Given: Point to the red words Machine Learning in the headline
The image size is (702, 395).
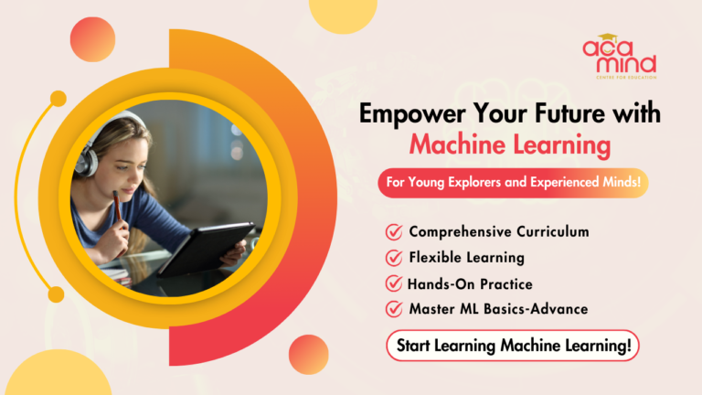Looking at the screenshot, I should [x=510, y=144].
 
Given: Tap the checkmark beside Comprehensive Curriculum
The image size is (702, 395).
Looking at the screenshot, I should [x=395, y=232].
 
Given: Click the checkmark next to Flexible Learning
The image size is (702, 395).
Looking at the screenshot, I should [x=395, y=258].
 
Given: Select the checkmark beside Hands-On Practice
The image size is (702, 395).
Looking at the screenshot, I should [x=395, y=283].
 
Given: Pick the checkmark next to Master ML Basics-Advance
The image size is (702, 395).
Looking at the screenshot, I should [x=395, y=309].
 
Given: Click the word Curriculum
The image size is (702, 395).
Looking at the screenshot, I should [x=548, y=232].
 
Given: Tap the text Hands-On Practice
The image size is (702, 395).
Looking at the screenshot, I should [x=470, y=283].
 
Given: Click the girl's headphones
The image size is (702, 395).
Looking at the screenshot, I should [x=90, y=158].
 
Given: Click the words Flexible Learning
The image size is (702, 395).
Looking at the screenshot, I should [x=466, y=258].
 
